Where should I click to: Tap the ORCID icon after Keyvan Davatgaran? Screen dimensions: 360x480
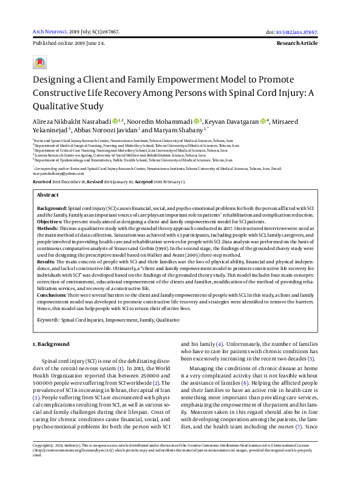tap(263, 121)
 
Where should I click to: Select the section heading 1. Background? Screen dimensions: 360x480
tap(50, 344)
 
